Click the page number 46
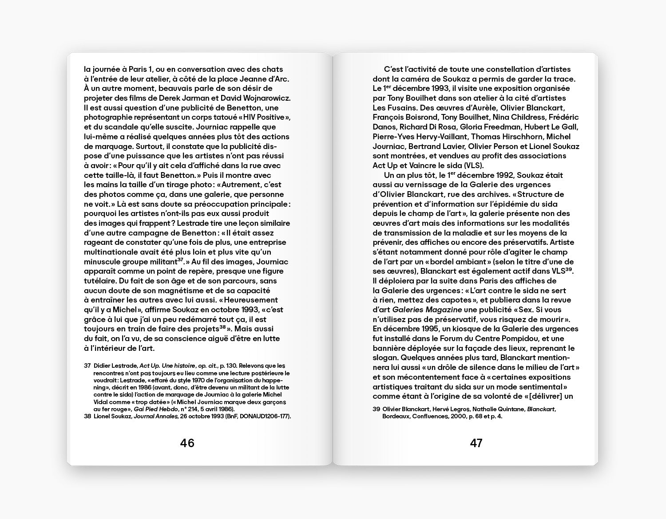187,443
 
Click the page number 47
476,443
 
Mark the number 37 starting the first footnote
87,366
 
